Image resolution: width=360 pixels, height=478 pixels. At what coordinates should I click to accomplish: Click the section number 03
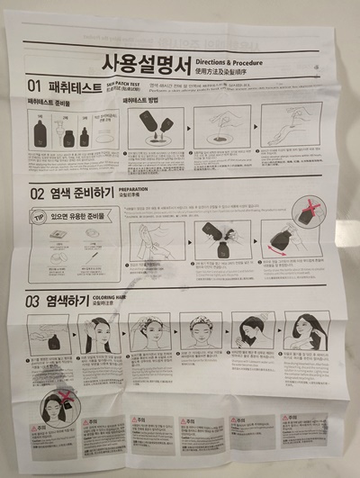[x=33, y=302]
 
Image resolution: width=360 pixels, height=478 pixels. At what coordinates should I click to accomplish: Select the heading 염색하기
[x=78, y=302]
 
